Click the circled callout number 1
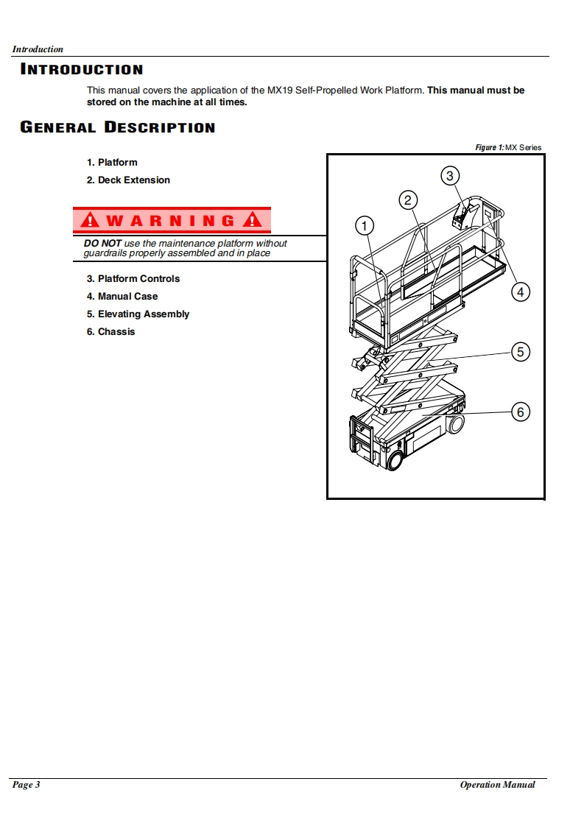[x=365, y=225]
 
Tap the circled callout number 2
[x=408, y=200]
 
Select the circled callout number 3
[x=450, y=175]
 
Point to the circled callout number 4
[x=520, y=292]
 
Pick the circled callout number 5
[x=520, y=352]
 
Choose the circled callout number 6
[x=520, y=412]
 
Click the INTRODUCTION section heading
[x=81, y=70]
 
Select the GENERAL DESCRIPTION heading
[x=118, y=127]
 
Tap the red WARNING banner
[x=172, y=220]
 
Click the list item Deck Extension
[x=128, y=180]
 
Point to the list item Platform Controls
[x=133, y=278]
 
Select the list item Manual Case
[x=122, y=296]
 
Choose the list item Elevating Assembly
[x=138, y=314]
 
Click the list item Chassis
[x=111, y=331]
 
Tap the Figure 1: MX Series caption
[x=508, y=148]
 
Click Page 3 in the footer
[x=26, y=785]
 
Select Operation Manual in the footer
[x=497, y=785]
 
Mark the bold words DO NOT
[x=102, y=243]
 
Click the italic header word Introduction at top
[x=38, y=49]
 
